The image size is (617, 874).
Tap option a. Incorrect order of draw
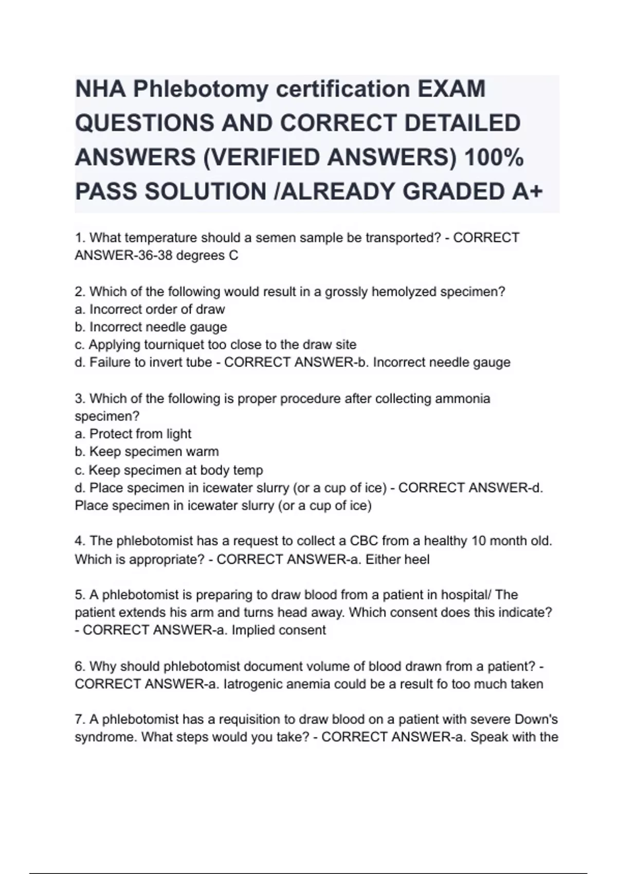coord(150,309)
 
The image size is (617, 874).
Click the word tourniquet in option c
coord(171,344)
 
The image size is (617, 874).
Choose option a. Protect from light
coord(133,434)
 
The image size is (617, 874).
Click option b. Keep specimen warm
coord(147,451)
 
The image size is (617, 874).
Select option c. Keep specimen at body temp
coord(169,470)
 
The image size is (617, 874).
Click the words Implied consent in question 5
coord(279,630)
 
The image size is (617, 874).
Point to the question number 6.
coord(80,666)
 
